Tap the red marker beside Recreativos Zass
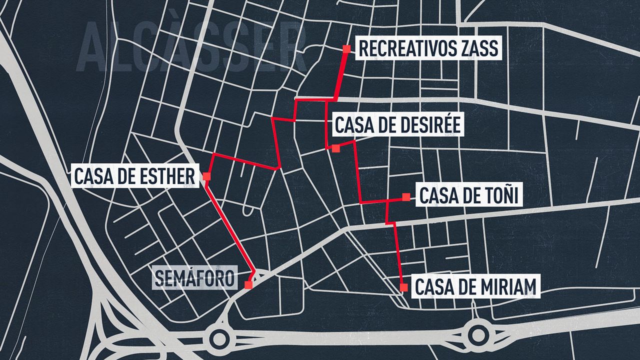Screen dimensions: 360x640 click(x=346, y=48)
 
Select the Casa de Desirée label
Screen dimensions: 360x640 click(x=397, y=125)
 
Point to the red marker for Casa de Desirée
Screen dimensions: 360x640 click(x=335, y=148)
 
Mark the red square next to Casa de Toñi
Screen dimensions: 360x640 click(x=406, y=197)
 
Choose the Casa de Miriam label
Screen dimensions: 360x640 click(x=475, y=287)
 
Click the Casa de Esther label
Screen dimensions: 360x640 click(x=134, y=176)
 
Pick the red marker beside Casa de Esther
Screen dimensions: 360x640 click(x=206, y=176)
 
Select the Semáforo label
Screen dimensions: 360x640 click(x=194, y=278)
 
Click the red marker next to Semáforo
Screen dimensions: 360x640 click(x=248, y=285)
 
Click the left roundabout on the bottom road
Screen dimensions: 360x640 click(x=219, y=338)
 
